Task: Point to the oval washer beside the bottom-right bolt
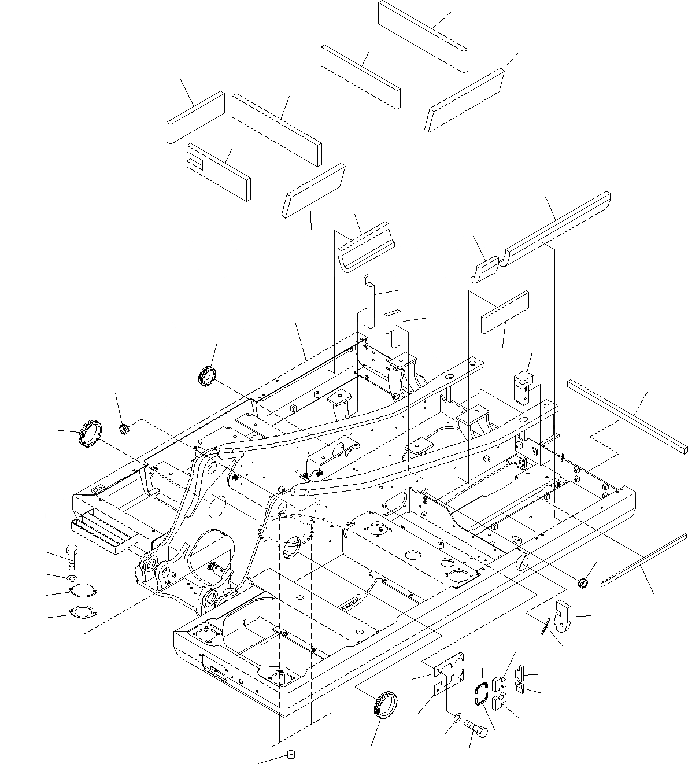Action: tap(456, 718)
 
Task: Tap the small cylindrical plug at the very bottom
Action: tap(291, 754)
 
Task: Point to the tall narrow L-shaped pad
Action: tap(368, 301)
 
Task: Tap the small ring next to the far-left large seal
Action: tap(124, 429)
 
